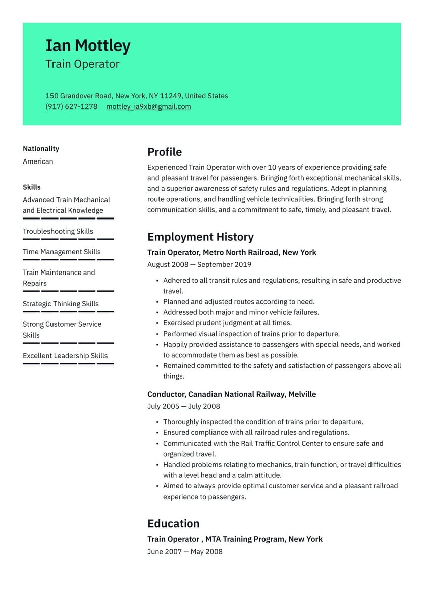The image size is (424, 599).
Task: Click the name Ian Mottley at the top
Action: tap(88, 46)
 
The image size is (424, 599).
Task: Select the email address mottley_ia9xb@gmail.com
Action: tap(148, 106)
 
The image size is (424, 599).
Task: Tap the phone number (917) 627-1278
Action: tap(71, 106)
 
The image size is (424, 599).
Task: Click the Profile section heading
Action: tap(165, 152)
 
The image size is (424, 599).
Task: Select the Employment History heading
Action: tap(200, 237)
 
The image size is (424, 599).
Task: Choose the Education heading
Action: tap(173, 523)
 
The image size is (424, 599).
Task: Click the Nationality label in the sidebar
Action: tap(41, 148)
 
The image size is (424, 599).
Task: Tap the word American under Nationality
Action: tap(38, 161)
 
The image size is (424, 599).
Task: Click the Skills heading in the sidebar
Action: tap(32, 187)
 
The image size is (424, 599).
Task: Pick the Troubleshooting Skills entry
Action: tap(58, 231)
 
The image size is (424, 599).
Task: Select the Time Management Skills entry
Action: tap(62, 252)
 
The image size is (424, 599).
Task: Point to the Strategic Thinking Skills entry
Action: tap(61, 304)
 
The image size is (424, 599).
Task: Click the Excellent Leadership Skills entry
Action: tap(65, 356)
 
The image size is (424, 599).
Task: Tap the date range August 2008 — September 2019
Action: tap(199, 264)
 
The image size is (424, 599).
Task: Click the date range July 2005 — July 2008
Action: tap(184, 406)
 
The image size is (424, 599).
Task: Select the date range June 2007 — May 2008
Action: tap(185, 551)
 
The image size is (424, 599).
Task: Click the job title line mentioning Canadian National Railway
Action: tap(232, 394)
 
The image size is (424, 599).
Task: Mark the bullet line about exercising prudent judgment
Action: tap(227, 323)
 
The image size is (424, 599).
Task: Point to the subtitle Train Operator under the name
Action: tap(82, 64)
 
